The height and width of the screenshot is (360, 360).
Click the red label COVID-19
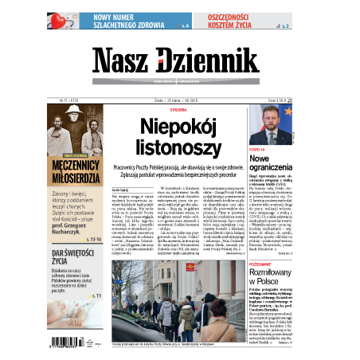[256, 149]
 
